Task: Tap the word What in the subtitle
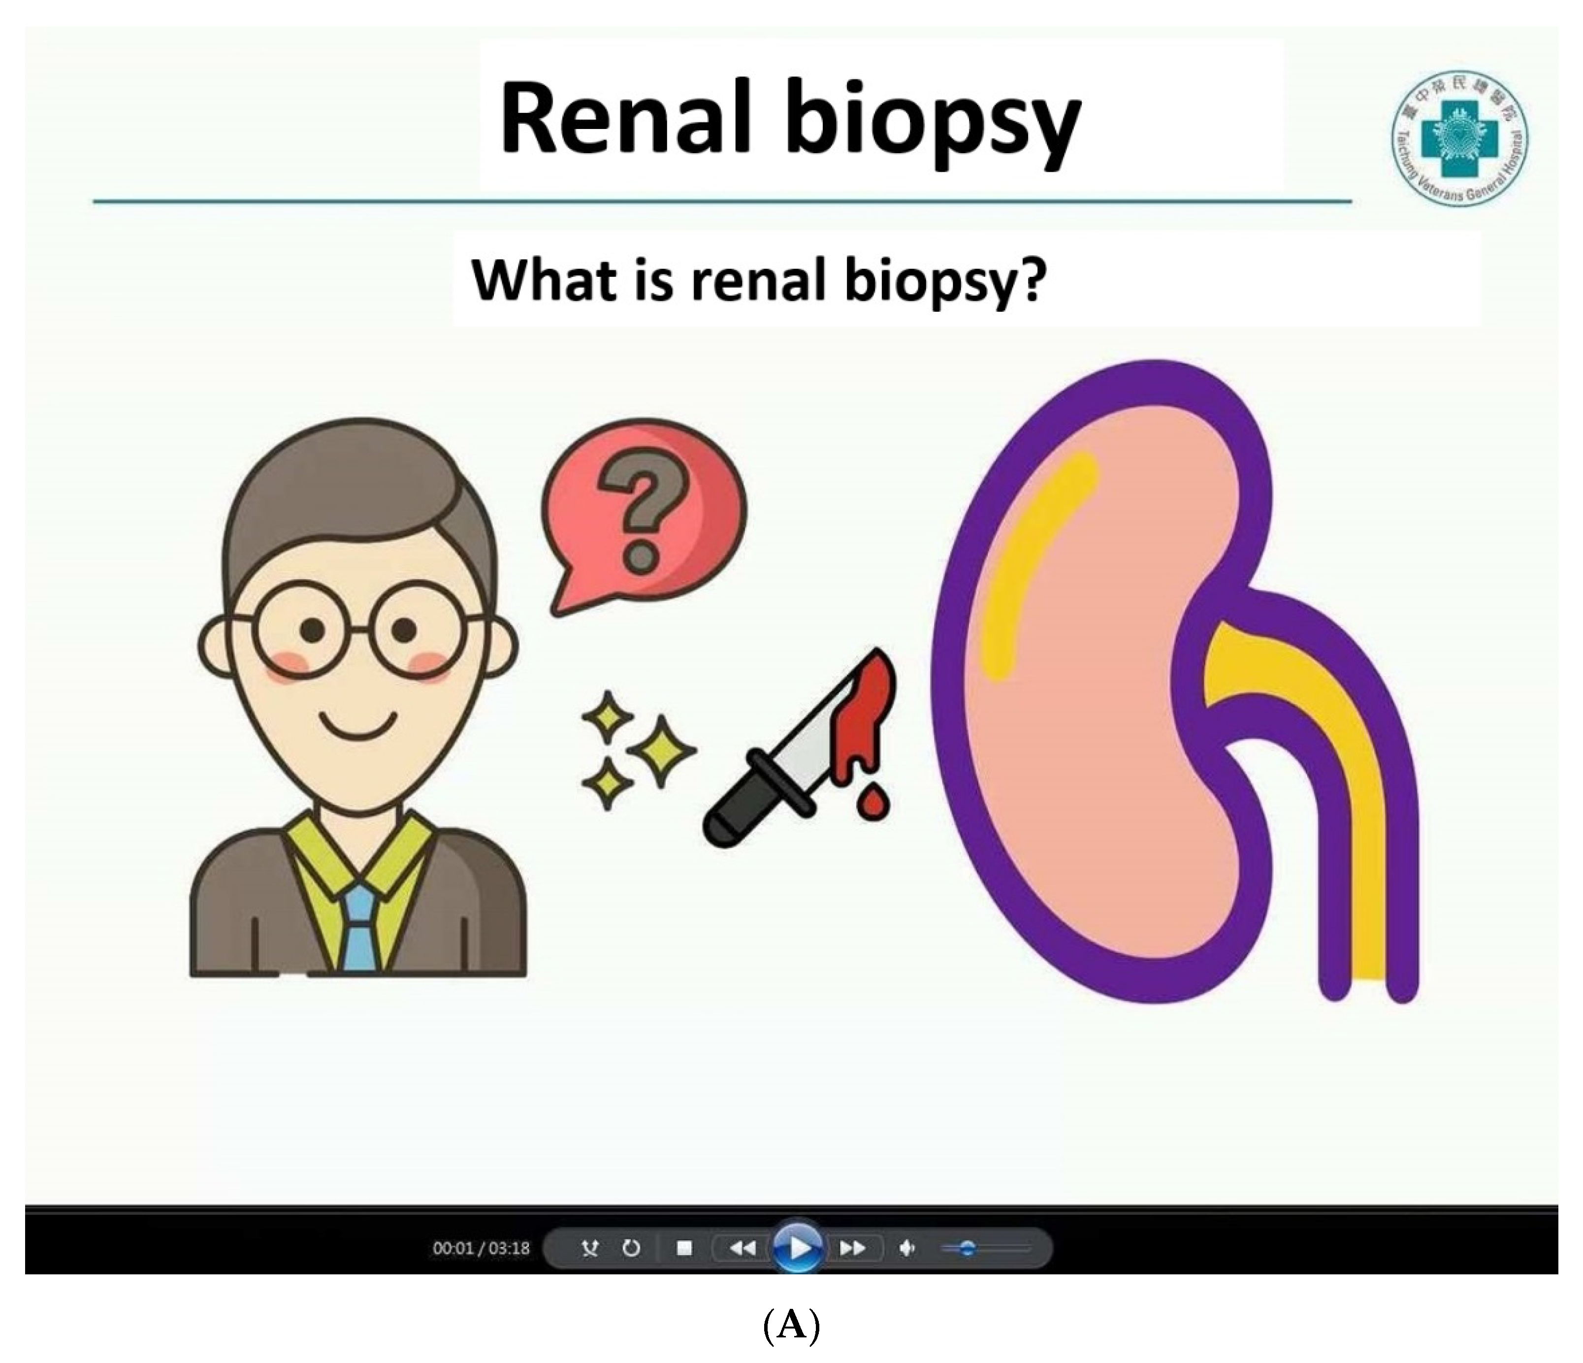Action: pos(543,280)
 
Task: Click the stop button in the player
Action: pos(684,1248)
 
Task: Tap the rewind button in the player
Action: pos(741,1248)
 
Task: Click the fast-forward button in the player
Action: pos(851,1248)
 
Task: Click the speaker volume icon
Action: pos(907,1248)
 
